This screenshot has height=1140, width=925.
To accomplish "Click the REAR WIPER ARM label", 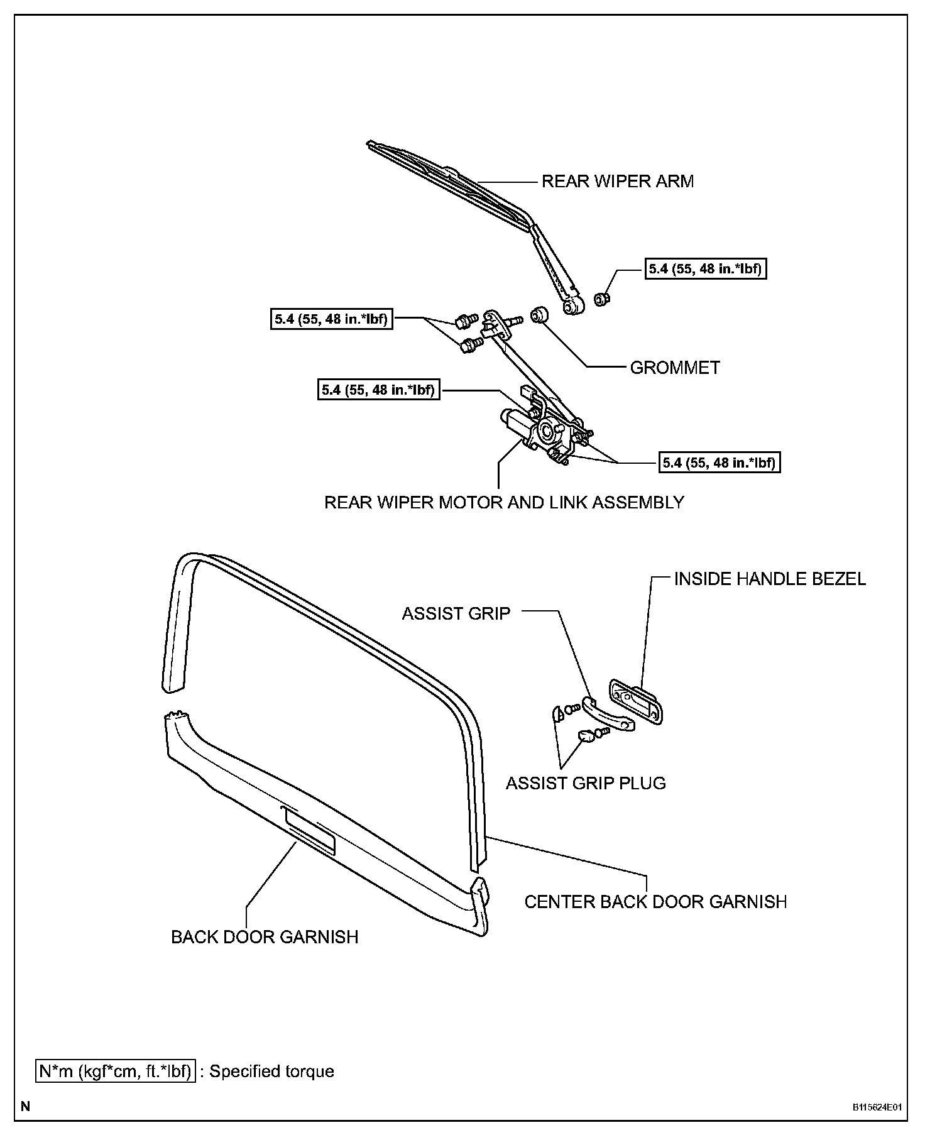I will coord(617,182).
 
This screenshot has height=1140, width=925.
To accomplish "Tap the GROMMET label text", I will coord(674,368).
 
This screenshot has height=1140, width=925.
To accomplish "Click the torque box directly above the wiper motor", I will coord(378,390).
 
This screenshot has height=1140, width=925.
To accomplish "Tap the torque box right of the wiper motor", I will coord(719,463).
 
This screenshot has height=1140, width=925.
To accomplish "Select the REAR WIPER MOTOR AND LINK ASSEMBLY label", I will coord(504,503).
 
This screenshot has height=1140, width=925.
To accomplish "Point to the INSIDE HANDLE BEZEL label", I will coord(769,579).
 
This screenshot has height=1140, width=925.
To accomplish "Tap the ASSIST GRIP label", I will coord(456,613).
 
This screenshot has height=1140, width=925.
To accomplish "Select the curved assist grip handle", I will coord(607,714).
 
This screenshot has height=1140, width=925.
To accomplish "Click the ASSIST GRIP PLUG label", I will coord(586,783).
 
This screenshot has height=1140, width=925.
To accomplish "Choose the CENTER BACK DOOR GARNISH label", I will coord(655,902).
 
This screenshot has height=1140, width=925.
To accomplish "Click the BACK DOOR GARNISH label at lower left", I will coord(265,937).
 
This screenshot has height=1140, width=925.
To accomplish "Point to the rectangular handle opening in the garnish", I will coord(310,831).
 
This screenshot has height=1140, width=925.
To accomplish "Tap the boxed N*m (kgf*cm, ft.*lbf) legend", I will coord(115,1071).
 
